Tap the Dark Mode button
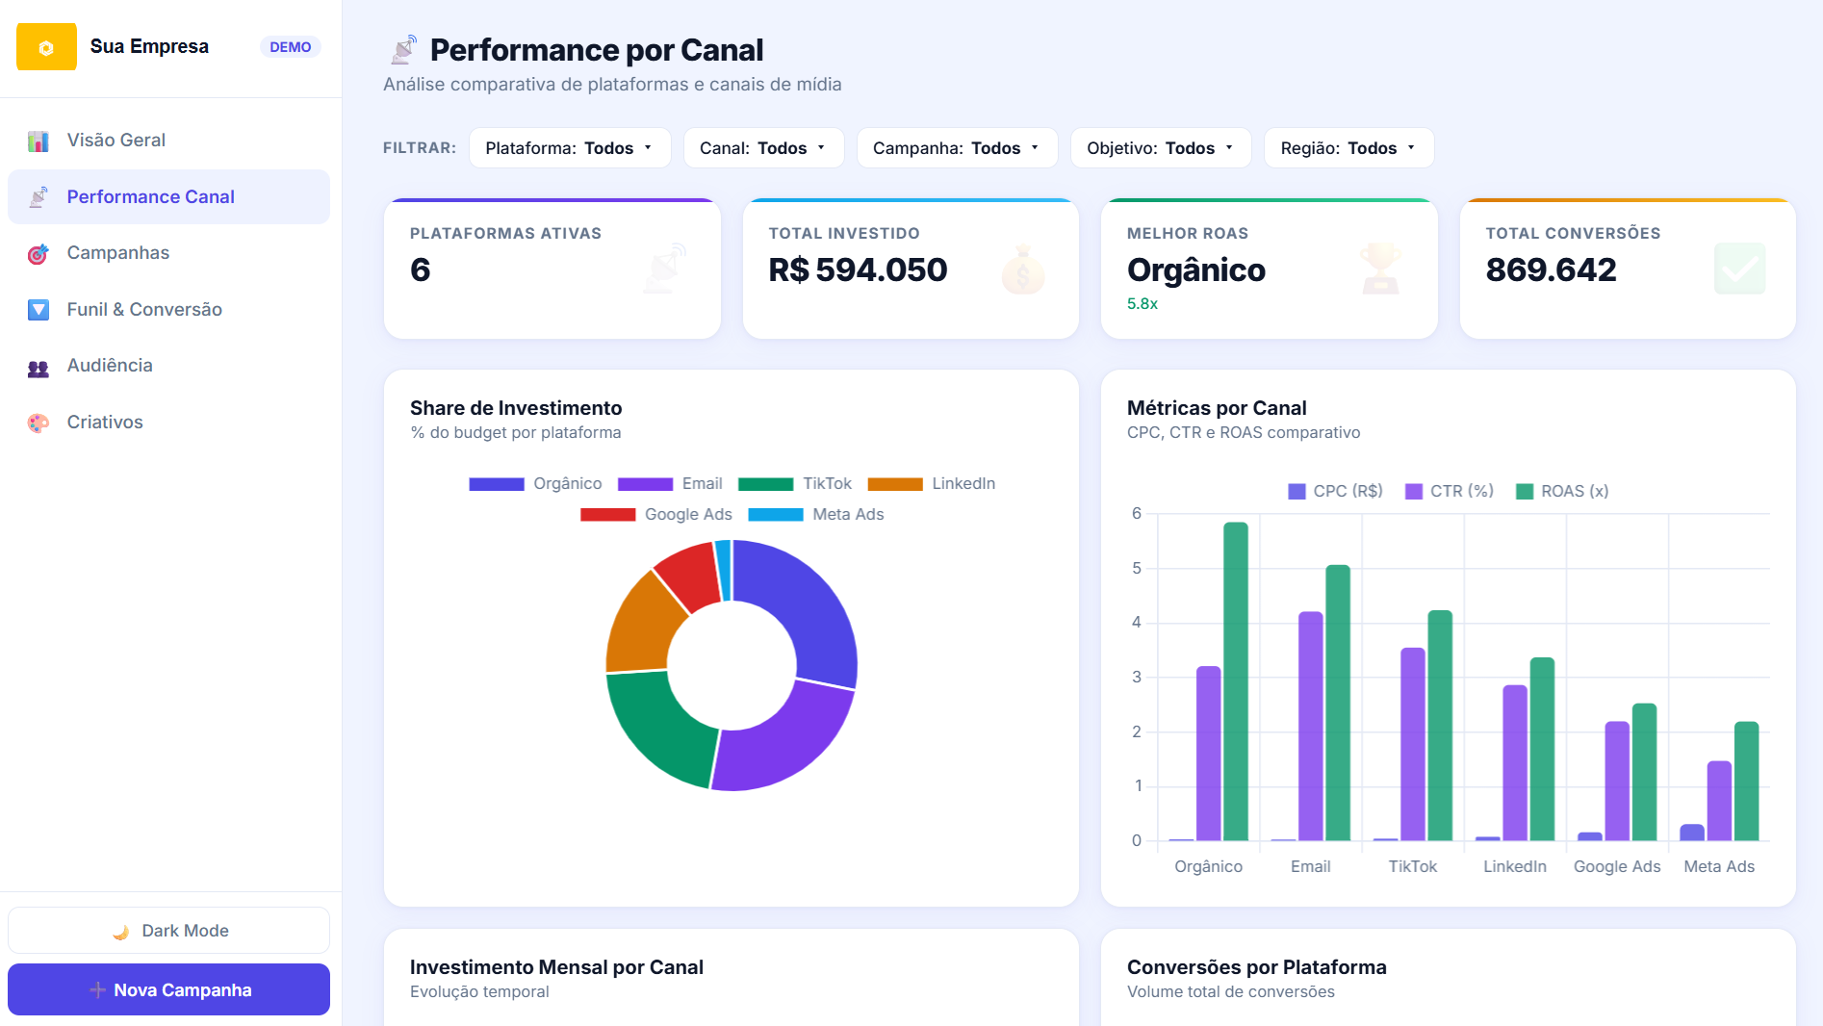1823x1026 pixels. coord(168,931)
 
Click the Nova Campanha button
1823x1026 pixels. coord(168,989)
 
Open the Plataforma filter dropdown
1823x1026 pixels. coord(570,148)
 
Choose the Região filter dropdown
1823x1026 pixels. coord(1348,148)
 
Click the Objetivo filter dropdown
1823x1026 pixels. coord(1161,148)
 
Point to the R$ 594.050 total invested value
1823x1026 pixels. coord(858,269)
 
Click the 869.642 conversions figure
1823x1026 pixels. coord(1551,269)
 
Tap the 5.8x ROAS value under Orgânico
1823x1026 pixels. coord(1143,303)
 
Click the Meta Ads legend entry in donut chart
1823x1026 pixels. coord(816,514)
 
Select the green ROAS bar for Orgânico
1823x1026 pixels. coord(1236,681)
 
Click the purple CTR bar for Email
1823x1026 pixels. coord(1311,727)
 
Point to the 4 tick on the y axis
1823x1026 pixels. coord(1137,622)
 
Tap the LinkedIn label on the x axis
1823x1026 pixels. coord(1515,866)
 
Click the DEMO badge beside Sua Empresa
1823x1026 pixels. coord(290,47)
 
